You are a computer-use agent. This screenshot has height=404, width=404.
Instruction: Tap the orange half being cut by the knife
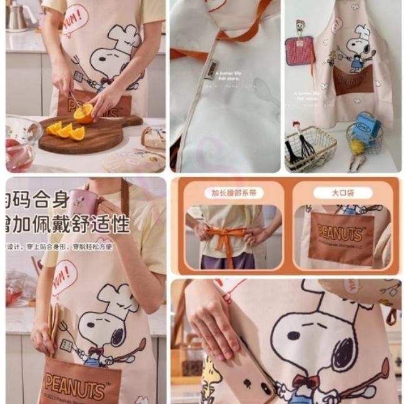(x=83, y=113)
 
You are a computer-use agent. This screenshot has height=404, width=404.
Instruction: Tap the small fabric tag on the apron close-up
(x=211, y=66)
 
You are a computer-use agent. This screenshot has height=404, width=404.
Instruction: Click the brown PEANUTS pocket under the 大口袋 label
(x=341, y=238)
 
